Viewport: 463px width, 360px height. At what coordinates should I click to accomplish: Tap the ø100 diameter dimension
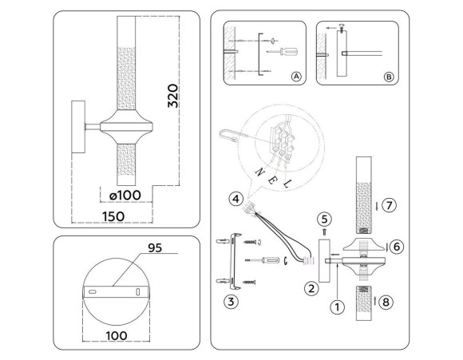[125, 194]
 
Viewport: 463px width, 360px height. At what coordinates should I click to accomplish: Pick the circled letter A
[296, 77]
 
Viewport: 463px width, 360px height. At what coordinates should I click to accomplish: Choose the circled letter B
[388, 77]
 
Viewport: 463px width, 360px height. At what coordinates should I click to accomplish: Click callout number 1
[337, 304]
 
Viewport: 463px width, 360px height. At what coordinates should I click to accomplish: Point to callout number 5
[323, 219]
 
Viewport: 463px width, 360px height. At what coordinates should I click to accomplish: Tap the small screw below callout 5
[323, 232]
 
